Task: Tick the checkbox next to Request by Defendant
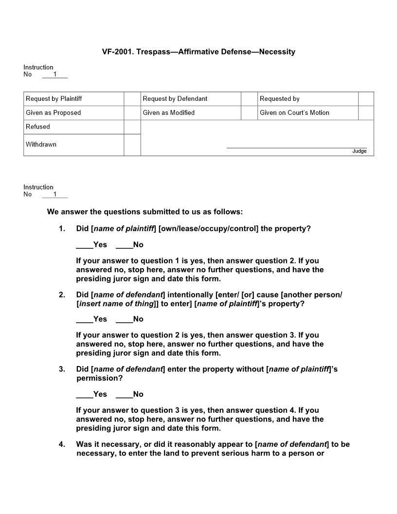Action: point(249,99)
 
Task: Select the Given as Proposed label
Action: point(54,113)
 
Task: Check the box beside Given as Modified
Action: point(249,113)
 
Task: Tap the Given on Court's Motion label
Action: point(294,113)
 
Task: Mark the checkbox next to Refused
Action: point(132,127)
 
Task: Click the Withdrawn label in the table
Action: point(41,145)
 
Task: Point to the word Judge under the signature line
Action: point(359,151)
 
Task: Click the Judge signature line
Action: point(296,147)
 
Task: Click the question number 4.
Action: point(62,444)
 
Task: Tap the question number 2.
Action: point(62,295)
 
